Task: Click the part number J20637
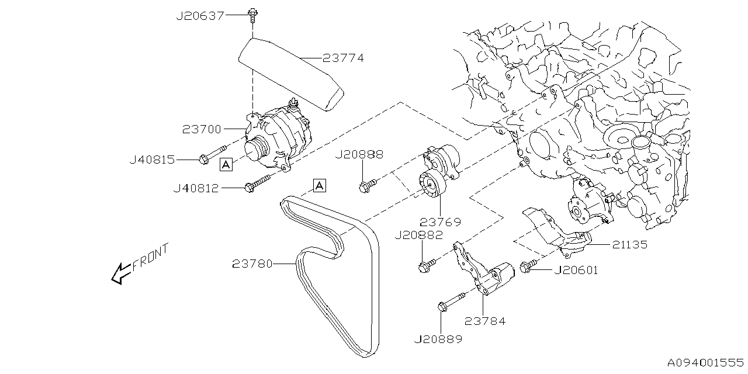tap(200, 16)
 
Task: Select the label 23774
tap(343, 58)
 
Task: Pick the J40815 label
tap(152, 159)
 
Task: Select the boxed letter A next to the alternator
tap(226, 165)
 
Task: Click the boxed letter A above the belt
tap(319, 186)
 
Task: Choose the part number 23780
tap(252, 264)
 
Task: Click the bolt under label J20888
tap(366, 186)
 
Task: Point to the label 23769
tap(440, 222)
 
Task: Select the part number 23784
tap(485, 321)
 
